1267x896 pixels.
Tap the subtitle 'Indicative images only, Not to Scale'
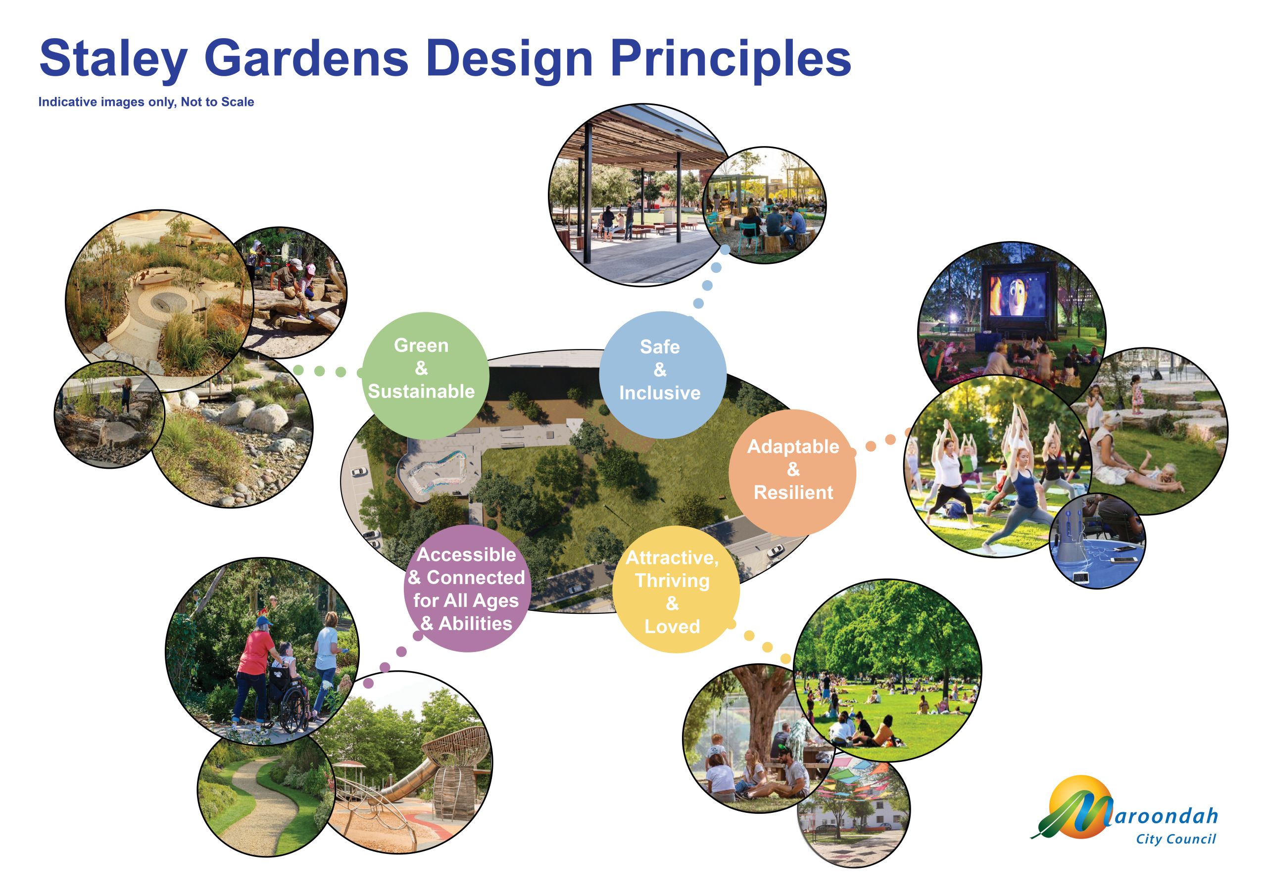click(146, 102)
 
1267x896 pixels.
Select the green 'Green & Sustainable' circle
click(425, 375)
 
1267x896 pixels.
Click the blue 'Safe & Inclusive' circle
click(663, 375)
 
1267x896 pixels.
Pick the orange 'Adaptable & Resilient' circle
click(792, 473)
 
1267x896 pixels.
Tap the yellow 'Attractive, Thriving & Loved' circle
click(676, 589)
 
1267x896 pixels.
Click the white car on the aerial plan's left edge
click(359, 472)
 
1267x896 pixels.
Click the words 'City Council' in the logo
click(1176, 840)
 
